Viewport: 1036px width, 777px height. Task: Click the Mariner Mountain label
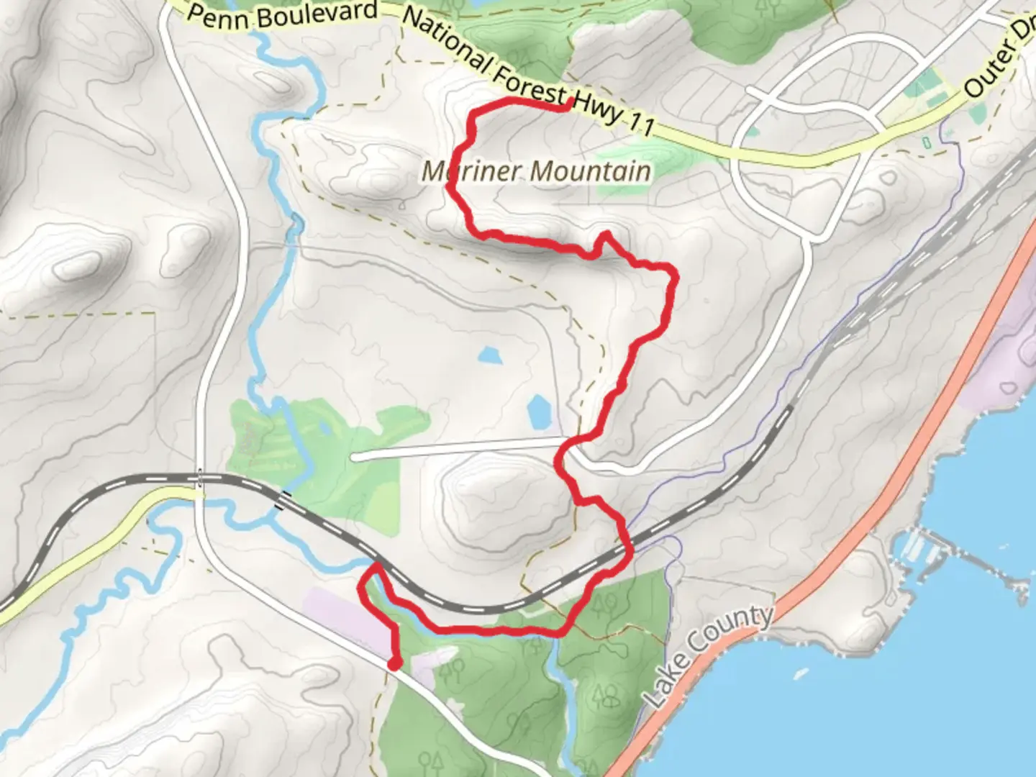[x=536, y=171]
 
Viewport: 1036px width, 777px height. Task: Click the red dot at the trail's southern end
[x=394, y=663]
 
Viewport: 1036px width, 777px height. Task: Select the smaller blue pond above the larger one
[x=489, y=355]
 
